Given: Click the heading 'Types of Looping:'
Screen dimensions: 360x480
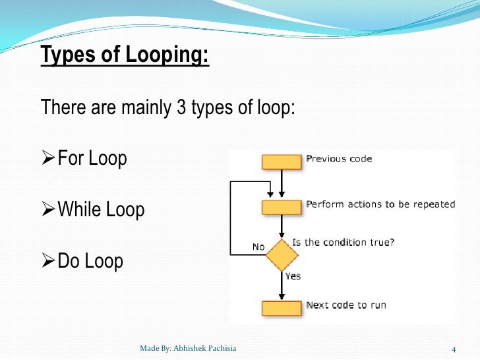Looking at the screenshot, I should click(x=125, y=55).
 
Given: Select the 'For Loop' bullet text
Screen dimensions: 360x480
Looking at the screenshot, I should click(x=92, y=159).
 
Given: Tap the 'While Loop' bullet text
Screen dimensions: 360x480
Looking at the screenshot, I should click(x=101, y=210).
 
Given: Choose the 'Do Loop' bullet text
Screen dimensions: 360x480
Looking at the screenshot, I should click(x=90, y=261).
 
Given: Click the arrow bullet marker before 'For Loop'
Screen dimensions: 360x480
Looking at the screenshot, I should click(x=48, y=159).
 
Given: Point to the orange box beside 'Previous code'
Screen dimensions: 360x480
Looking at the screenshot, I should click(x=282, y=162).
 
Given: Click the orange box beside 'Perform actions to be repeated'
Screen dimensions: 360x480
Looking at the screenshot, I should click(x=282, y=207).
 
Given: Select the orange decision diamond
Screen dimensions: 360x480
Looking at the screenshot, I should click(x=282, y=255).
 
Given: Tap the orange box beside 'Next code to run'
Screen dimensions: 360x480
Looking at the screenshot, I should click(x=282, y=307).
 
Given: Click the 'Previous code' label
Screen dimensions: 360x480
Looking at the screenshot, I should click(x=339, y=159).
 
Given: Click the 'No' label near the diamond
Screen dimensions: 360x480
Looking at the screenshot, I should click(x=258, y=247).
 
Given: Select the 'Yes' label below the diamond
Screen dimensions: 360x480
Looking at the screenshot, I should click(x=293, y=276).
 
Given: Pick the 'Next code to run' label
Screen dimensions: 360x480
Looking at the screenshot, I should click(x=346, y=305).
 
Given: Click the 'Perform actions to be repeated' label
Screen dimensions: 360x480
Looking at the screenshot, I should click(x=380, y=204).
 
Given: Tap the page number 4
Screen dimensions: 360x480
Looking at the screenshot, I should click(x=454, y=348).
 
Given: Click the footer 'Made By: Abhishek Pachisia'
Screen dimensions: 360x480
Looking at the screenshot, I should click(x=188, y=348).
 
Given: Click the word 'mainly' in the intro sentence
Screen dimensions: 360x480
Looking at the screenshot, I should click(x=146, y=107).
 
